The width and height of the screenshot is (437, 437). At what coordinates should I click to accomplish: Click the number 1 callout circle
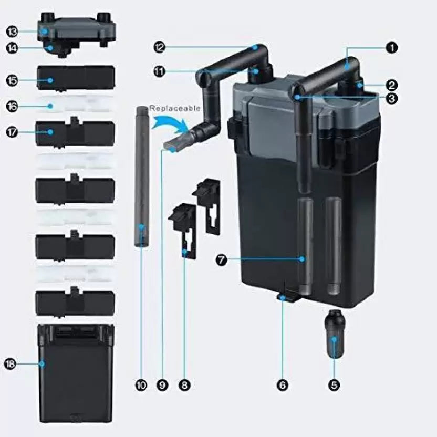pos(392,48)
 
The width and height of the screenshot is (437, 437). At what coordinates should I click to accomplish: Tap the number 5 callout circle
pos(334,385)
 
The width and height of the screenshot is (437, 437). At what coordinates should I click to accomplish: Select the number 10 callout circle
pos(141,385)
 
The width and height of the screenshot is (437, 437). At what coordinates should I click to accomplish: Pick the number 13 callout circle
pos(12,32)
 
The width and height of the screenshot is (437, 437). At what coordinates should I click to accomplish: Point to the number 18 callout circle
pos(10,364)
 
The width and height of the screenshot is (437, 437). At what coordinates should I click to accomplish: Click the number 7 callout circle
pos(222,260)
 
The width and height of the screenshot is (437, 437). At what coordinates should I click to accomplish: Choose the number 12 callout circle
pos(160,47)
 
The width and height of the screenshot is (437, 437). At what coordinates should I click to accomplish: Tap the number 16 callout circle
pos(12,106)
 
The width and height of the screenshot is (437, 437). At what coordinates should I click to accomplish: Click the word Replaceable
pos(175,108)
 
